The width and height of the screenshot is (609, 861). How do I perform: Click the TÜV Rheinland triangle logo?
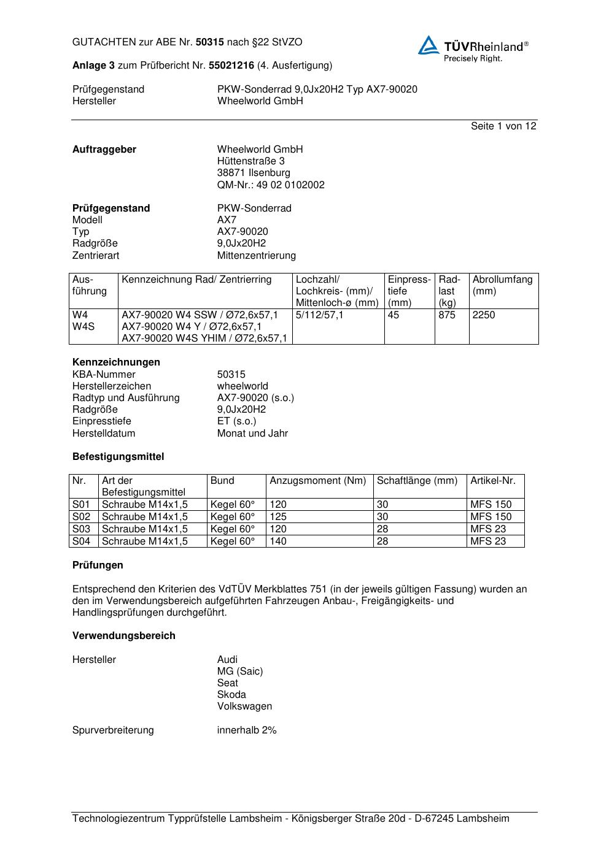pyautogui.click(x=429, y=45)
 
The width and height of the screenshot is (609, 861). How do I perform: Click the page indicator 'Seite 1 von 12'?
pyautogui.click(x=503, y=126)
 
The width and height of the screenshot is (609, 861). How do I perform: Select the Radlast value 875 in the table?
pyautogui.click(x=447, y=315)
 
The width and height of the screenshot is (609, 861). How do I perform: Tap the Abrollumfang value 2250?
pyautogui.click(x=484, y=315)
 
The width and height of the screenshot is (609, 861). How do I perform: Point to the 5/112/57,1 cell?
pyautogui.click(x=320, y=315)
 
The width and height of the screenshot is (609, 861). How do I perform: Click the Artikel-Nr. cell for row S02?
pyautogui.click(x=491, y=517)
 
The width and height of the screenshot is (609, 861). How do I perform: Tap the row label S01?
pyautogui.click(x=81, y=505)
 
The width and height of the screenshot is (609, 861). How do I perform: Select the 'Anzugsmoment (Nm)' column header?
pyautogui.click(x=317, y=481)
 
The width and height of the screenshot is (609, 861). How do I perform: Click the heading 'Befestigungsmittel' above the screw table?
pyautogui.click(x=118, y=457)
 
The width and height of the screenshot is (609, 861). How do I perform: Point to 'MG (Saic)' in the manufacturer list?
pyautogui.click(x=240, y=672)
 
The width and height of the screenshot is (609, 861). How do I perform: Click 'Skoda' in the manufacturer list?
pyautogui.click(x=231, y=695)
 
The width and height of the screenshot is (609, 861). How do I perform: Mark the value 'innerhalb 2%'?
pyautogui.click(x=247, y=730)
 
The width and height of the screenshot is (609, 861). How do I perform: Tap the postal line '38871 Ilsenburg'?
pyautogui.click(x=254, y=173)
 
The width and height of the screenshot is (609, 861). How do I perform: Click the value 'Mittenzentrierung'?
pyautogui.click(x=256, y=256)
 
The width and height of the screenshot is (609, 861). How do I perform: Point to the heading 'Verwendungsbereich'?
pyautogui.click(x=123, y=636)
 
